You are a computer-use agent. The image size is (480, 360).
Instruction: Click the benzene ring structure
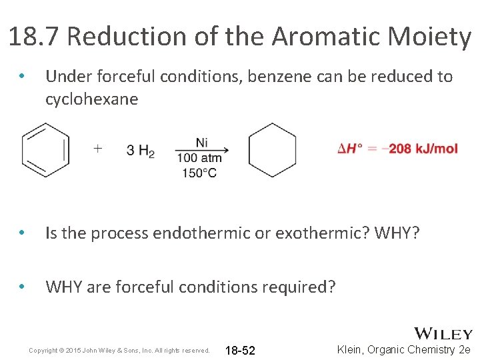tap(45, 150)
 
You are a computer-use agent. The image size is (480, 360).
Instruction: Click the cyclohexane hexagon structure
tap(272, 150)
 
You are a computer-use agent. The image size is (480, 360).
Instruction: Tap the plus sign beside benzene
tap(98, 148)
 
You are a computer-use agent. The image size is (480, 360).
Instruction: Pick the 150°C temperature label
tap(199, 173)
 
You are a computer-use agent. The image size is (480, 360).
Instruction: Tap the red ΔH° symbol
tap(351, 148)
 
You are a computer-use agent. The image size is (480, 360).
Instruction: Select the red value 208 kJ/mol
tap(423, 148)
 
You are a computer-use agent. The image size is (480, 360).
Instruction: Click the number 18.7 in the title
tap(34, 37)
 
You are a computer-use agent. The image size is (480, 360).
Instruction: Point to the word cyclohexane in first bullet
tap(92, 99)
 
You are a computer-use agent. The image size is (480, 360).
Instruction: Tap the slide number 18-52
tap(241, 351)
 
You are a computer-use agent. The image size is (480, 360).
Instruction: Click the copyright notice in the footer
tap(120, 350)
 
